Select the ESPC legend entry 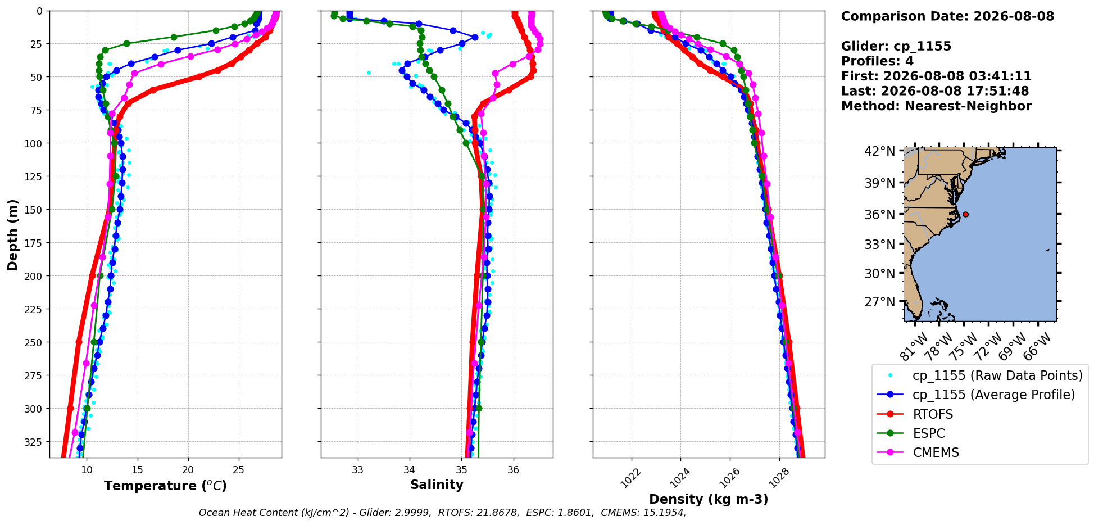pyautogui.click(x=911, y=433)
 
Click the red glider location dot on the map pyautogui.click(x=965, y=214)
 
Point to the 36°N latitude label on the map pyautogui.click(x=880, y=215)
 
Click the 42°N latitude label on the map pyautogui.click(x=880, y=151)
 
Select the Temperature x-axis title pyautogui.click(x=165, y=486)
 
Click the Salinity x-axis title pyautogui.click(x=437, y=485)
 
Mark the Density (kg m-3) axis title pyautogui.click(x=709, y=499)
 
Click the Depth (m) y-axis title pyautogui.click(x=12, y=234)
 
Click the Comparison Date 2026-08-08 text pyautogui.click(x=947, y=16)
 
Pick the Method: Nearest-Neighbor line pyautogui.click(x=936, y=106)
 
